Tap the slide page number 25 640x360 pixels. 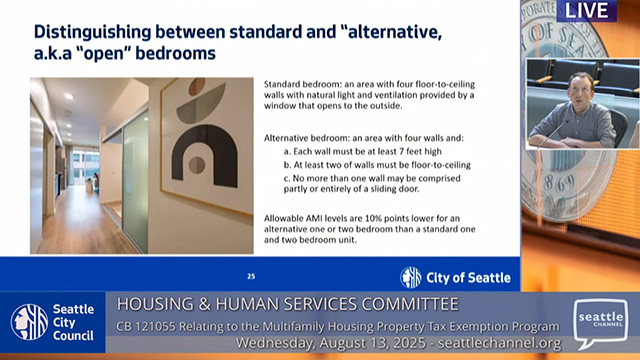pos(251,276)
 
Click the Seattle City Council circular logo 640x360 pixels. pos(29,321)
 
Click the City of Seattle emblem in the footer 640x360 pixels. pos(411,277)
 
